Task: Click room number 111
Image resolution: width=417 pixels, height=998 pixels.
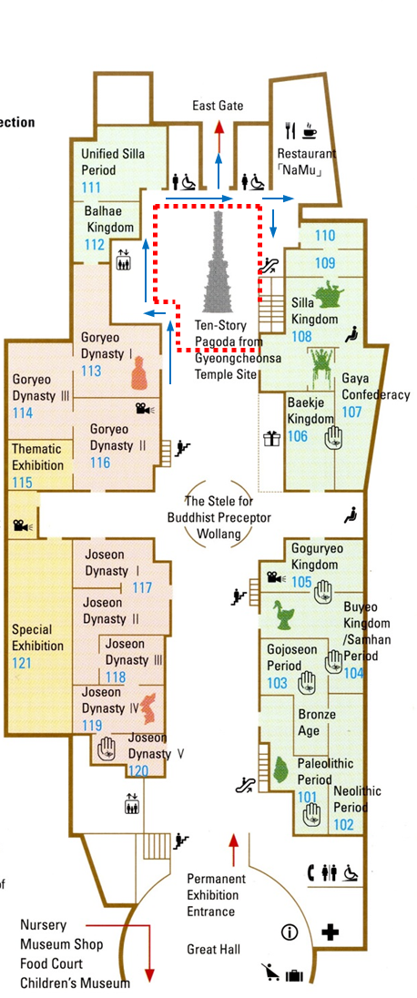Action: click(91, 188)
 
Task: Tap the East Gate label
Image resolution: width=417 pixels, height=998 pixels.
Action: click(218, 106)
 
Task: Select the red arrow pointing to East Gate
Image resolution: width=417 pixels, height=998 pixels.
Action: click(219, 136)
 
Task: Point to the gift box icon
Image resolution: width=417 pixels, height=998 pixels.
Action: click(272, 439)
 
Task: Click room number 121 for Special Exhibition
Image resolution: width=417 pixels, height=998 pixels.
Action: click(22, 663)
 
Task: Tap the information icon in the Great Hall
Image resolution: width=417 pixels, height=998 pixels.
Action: click(290, 932)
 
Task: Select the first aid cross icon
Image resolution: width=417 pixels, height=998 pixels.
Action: click(330, 933)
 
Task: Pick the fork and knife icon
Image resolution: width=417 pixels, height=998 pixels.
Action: click(291, 131)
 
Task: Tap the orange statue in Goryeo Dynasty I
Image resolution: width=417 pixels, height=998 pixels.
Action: click(138, 373)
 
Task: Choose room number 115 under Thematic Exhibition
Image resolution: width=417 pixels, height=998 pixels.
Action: click(22, 483)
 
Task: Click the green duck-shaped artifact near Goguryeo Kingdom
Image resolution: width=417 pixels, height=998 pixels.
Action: click(283, 614)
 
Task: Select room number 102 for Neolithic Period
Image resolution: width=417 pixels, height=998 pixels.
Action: click(343, 824)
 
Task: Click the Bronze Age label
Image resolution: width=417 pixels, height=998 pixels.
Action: click(317, 722)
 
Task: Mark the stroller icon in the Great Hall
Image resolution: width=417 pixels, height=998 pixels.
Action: click(270, 972)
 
